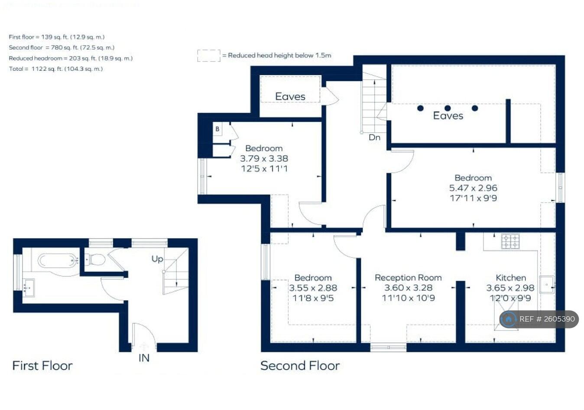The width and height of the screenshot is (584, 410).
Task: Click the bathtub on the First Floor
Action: pyautogui.click(x=57, y=261)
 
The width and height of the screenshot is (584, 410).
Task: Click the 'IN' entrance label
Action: pyautogui.click(x=144, y=358)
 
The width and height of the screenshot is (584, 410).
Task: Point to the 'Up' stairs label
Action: pyautogui.click(x=157, y=259)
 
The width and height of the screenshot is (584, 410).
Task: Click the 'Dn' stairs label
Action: pyautogui.click(x=374, y=138)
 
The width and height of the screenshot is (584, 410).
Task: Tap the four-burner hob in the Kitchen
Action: pyautogui.click(x=510, y=241)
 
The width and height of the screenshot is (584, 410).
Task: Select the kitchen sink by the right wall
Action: pyautogui.click(x=547, y=285)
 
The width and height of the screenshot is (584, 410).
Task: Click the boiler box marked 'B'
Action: pyautogui.click(x=217, y=129)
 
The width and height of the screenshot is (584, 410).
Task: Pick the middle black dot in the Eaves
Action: pyautogui.click(x=448, y=108)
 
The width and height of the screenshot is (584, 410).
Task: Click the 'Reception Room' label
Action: pyautogui.click(x=408, y=278)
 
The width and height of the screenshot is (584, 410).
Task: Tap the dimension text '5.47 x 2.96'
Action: pyautogui.click(x=473, y=188)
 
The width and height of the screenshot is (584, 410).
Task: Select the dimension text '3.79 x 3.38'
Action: pyautogui.click(x=264, y=158)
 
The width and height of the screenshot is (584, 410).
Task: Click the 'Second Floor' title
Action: pyautogui.click(x=300, y=366)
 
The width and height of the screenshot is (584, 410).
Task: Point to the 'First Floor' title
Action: pyautogui.click(x=42, y=366)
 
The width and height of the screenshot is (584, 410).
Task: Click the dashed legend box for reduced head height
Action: pyautogui.click(x=209, y=56)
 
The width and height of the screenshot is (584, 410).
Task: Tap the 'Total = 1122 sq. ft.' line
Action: pyautogui.click(x=56, y=69)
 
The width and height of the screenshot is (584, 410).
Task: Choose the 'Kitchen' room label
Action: pyautogui.click(x=511, y=278)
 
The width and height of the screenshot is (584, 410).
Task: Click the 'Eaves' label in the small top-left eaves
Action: pyautogui.click(x=290, y=96)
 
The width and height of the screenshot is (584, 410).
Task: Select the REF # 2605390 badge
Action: pyautogui.click(x=539, y=319)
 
